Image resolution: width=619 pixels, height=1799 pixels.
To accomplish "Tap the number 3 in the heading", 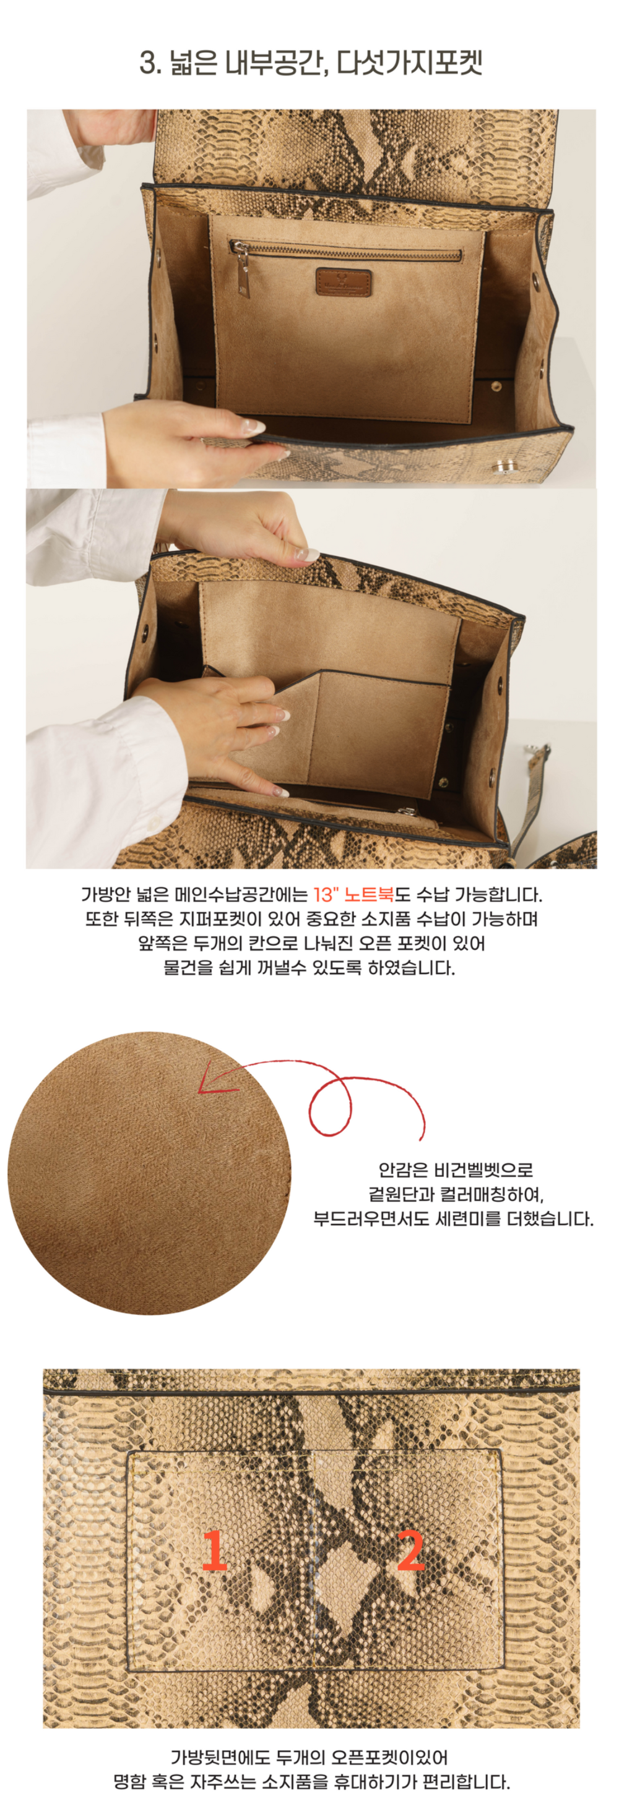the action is pos(147,63).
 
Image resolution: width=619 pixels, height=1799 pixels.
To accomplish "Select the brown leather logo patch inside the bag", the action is pos(342,281).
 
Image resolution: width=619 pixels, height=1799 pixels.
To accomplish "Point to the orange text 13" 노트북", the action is pos(353,895).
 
